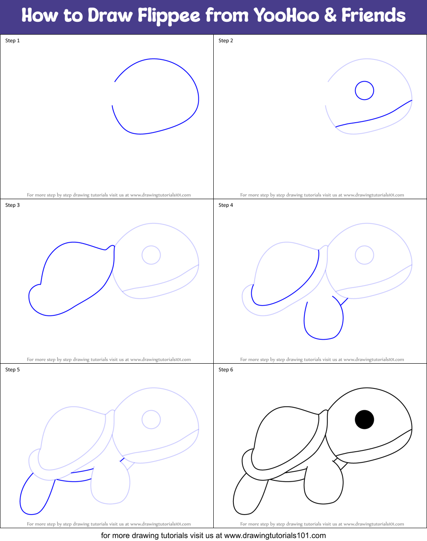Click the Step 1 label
click(12, 41)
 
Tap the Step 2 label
click(226, 41)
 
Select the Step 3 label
click(12, 205)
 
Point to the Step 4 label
click(226, 205)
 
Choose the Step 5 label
click(12, 370)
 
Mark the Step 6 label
click(226, 370)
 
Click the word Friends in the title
click(373, 16)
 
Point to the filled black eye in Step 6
click(365, 419)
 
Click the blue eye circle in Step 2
click(365, 91)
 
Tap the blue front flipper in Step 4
click(324, 320)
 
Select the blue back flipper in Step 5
click(36, 496)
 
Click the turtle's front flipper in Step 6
click(324, 485)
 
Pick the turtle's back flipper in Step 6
click(250, 496)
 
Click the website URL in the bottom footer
click(275, 535)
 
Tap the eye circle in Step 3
click(151, 255)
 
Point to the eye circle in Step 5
click(151, 420)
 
